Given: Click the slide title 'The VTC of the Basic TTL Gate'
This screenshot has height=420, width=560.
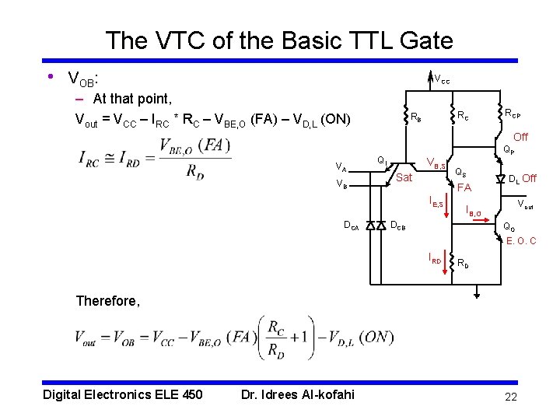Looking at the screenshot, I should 278,40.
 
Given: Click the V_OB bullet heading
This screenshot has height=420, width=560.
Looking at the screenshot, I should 83,79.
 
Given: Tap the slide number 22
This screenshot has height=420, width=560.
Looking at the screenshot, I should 510,397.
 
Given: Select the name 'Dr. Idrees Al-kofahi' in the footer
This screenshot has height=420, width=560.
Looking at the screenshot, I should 297,394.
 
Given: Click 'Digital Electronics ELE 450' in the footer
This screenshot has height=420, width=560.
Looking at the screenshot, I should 122,394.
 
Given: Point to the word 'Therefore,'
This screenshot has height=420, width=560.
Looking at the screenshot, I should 108,301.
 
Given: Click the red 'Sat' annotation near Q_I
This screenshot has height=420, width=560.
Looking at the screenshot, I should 404,178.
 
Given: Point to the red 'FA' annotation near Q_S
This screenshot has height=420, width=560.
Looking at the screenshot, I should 464,187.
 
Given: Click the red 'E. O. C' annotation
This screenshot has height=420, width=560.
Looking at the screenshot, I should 520,241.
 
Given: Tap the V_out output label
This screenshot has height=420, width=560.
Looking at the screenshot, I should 526,205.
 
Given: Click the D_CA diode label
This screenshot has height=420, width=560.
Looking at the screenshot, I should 352,226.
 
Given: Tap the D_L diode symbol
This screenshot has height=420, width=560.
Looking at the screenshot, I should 501,180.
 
